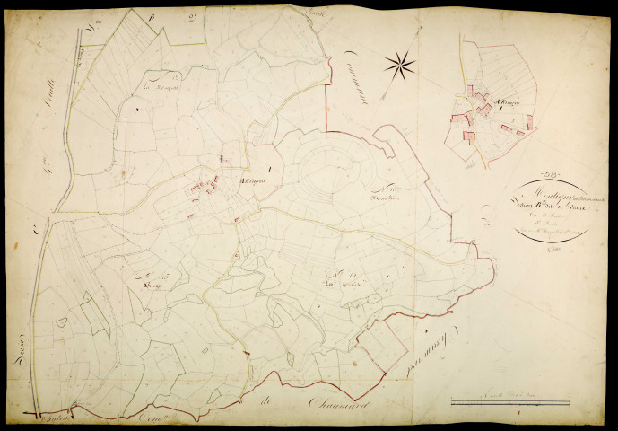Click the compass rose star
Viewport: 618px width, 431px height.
(x=400, y=63)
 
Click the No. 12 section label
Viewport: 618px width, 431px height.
(x=163, y=80)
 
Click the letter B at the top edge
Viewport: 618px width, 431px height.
(x=153, y=17)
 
